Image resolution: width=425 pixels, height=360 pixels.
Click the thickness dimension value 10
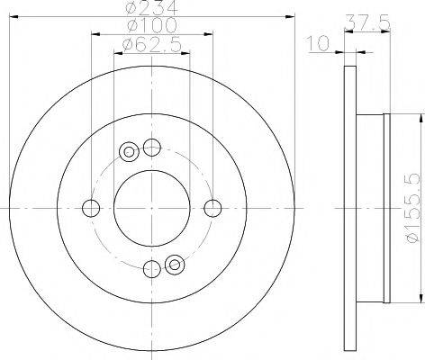click(316, 41)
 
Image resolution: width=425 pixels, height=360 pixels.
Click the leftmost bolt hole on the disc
click(90, 207)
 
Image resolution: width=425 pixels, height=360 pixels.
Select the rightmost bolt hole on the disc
click(212, 207)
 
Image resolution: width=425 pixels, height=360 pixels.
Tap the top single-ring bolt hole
click(151, 147)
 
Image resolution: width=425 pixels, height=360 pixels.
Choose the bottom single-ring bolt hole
click(151, 266)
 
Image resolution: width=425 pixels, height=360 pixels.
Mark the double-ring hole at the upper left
click(129, 151)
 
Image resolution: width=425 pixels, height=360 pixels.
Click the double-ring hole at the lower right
click(175, 263)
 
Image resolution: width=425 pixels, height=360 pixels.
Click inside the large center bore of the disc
click(151, 207)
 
